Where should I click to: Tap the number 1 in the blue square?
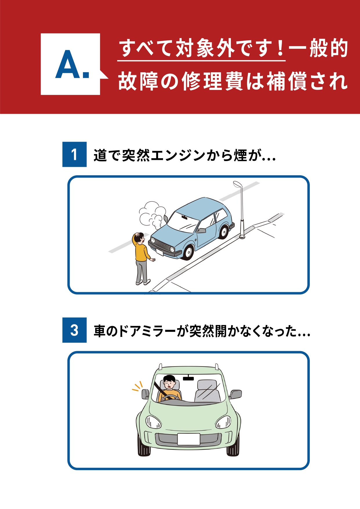74,154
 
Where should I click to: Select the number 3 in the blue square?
74,330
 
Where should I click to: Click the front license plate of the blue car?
160,252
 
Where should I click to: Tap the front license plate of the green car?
189,439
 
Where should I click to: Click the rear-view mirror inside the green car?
188,378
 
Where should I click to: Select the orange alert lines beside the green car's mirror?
137,386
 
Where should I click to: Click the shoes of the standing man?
143,282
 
